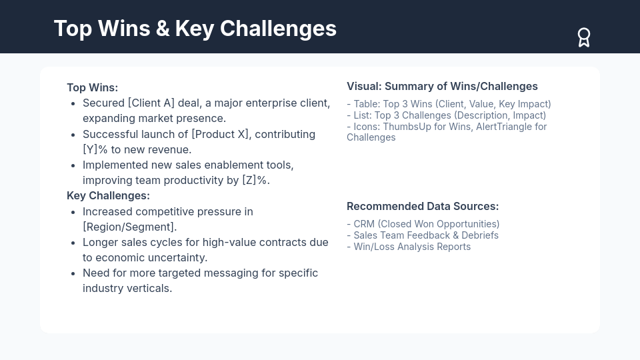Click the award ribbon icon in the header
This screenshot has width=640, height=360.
(x=584, y=37)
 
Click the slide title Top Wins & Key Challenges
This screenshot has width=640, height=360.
(x=195, y=29)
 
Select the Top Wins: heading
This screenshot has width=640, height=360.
(x=92, y=87)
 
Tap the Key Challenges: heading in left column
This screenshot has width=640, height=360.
(x=108, y=195)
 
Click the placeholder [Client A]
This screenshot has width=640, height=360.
(x=151, y=103)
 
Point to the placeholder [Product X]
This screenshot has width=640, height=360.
(x=221, y=134)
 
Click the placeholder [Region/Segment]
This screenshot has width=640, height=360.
(x=129, y=227)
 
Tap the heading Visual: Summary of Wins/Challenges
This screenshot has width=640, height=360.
(x=442, y=86)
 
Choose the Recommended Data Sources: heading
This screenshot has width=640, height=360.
(x=423, y=206)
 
